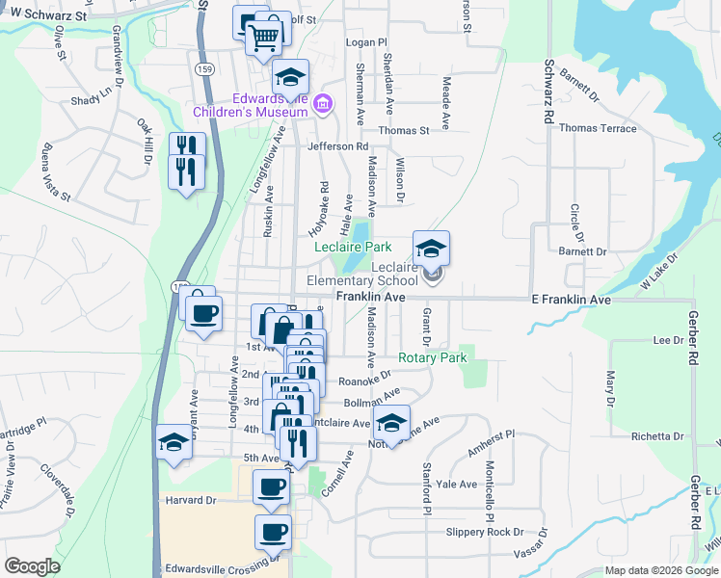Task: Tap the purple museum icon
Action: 323,102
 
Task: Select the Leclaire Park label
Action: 352,247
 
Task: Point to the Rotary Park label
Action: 432,357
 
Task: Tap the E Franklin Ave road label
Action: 572,301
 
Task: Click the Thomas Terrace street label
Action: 598,128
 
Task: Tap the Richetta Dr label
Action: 657,435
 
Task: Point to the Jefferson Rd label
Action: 337,146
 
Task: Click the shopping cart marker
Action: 265,38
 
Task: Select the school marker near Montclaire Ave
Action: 390,422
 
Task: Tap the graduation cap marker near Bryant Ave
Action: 174,441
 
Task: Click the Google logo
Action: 32,566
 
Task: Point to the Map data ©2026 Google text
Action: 660,570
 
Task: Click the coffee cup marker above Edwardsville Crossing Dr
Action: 273,531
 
